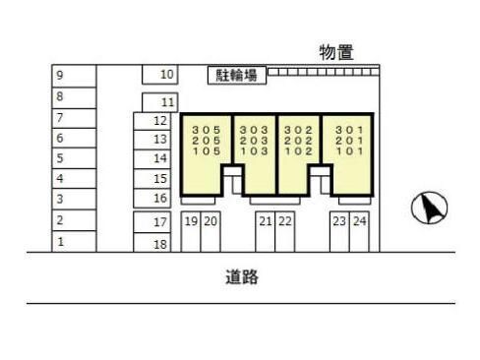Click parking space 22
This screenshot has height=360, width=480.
coord(285,222)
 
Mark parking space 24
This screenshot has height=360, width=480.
coord(360,222)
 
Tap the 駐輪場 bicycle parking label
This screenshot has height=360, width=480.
coord(236,74)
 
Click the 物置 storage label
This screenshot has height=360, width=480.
coord(336,52)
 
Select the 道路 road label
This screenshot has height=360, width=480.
coord(241,277)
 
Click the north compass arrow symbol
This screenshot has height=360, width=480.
coord(429,207)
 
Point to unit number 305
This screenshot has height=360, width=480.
coord(206,129)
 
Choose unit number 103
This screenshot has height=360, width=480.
coord(254,152)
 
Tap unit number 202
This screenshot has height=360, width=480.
coord(298,141)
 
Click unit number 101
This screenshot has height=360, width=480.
coord(349,152)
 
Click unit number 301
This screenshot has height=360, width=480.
coord(349,129)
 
